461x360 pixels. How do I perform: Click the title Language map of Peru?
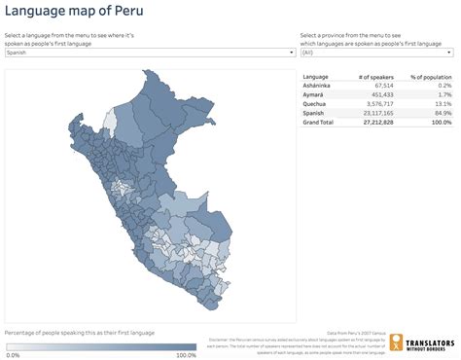click(74, 13)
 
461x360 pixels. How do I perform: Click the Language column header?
click(317, 76)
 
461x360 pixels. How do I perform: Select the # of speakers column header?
click(374, 76)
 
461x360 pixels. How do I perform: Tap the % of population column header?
click(431, 76)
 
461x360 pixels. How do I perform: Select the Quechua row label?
click(316, 104)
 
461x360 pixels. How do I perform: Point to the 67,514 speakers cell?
click(381, 86)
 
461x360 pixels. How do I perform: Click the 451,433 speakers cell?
click(380, 94)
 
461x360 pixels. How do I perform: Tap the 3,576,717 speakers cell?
click(378, 104)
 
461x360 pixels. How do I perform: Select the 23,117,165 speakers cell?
click(377, 113)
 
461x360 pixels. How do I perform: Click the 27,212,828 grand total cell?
click(377, 123)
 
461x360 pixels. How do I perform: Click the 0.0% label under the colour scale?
click(13, 354)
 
